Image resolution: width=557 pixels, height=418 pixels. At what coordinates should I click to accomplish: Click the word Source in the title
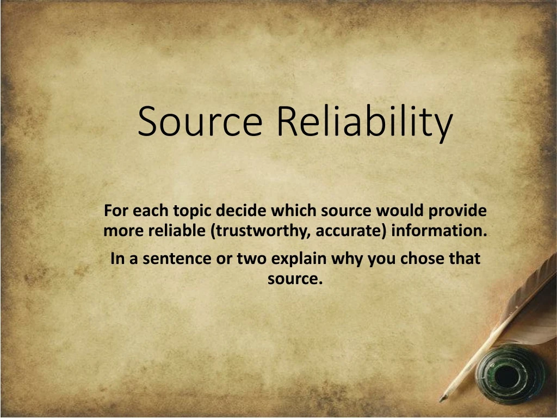click(x=200, y=121)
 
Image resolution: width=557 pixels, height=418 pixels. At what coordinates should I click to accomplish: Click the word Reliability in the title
click(x=364, y=122)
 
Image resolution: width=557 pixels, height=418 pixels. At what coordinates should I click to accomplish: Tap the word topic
click(x=193, y=210)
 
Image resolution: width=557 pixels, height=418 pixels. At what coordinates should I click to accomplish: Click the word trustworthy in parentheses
click(x=261, y=231)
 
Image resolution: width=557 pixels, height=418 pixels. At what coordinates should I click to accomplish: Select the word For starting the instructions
click(x=115, y=210)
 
